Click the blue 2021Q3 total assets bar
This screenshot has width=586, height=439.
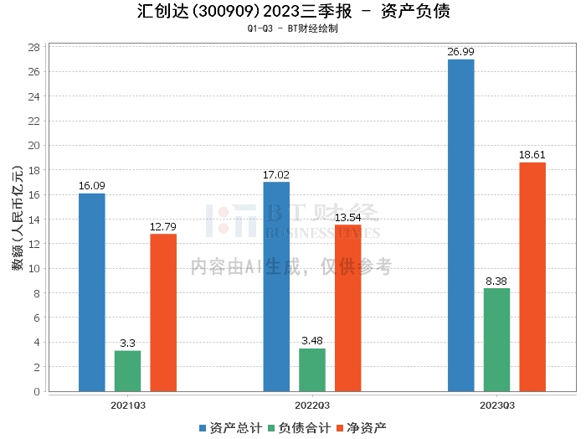pyautogui.click(x=92, y=292)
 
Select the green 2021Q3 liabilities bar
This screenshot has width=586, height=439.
pyautogui.click(x=128, y=370)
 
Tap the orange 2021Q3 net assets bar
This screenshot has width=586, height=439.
pyautogui.click(x=163, y=312)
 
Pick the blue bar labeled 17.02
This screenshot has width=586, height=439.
pyautogui.click(x=276, y=287)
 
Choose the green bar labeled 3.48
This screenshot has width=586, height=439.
pyautogui.click(x=312, y=369)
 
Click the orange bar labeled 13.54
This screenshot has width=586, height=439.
pyautogui.click(x=348, y=307)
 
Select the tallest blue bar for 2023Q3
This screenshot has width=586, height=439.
pyautogui.click(x=460, y=225)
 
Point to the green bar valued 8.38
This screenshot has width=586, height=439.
pyautogui.click(x=496, y=339)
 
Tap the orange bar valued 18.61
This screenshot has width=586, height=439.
pyautogui.click(x=532, y=276)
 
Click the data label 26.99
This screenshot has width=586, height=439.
pyautogui.click(x=460, y=52)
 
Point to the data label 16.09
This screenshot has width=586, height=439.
pyautogui.click(x=92, y=186)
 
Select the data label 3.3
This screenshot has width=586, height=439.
pyautogui.click(x=128, y=343)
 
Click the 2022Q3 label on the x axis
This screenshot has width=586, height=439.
pyautogui.click(x=312, y=405)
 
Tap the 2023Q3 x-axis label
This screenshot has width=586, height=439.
pyautogui.click(x=497, y=405)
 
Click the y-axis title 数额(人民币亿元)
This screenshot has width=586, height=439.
pyautogui.click(x=17, y=219)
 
